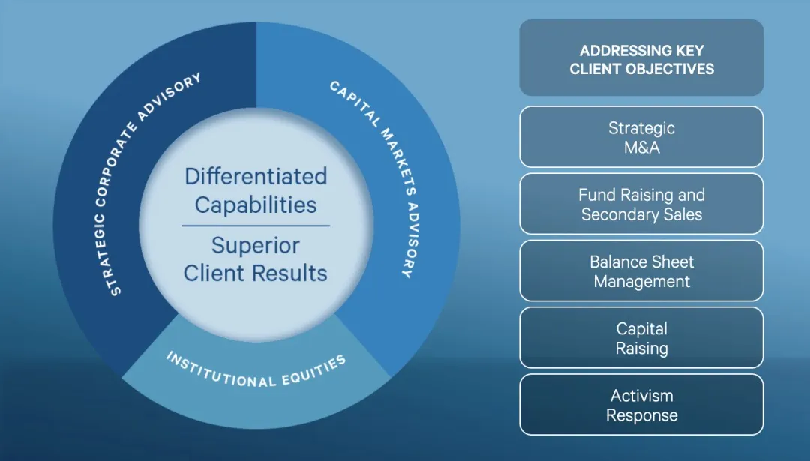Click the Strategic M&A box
coord(641,137)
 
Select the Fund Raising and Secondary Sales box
coord(641,204)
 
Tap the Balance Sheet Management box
coord(641,271)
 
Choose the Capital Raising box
coord(641,337)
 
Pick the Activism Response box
coord(641,405)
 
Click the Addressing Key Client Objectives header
coord(641,58)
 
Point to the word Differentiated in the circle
coord(256,176)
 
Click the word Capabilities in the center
coord(256,205)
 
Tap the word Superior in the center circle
coord(256,245)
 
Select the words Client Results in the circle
coord(256,273)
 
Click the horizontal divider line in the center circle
coord(256,226)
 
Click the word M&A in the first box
coord(641,148)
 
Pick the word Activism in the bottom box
coord(641,395)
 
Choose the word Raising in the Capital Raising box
coord(641,348)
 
